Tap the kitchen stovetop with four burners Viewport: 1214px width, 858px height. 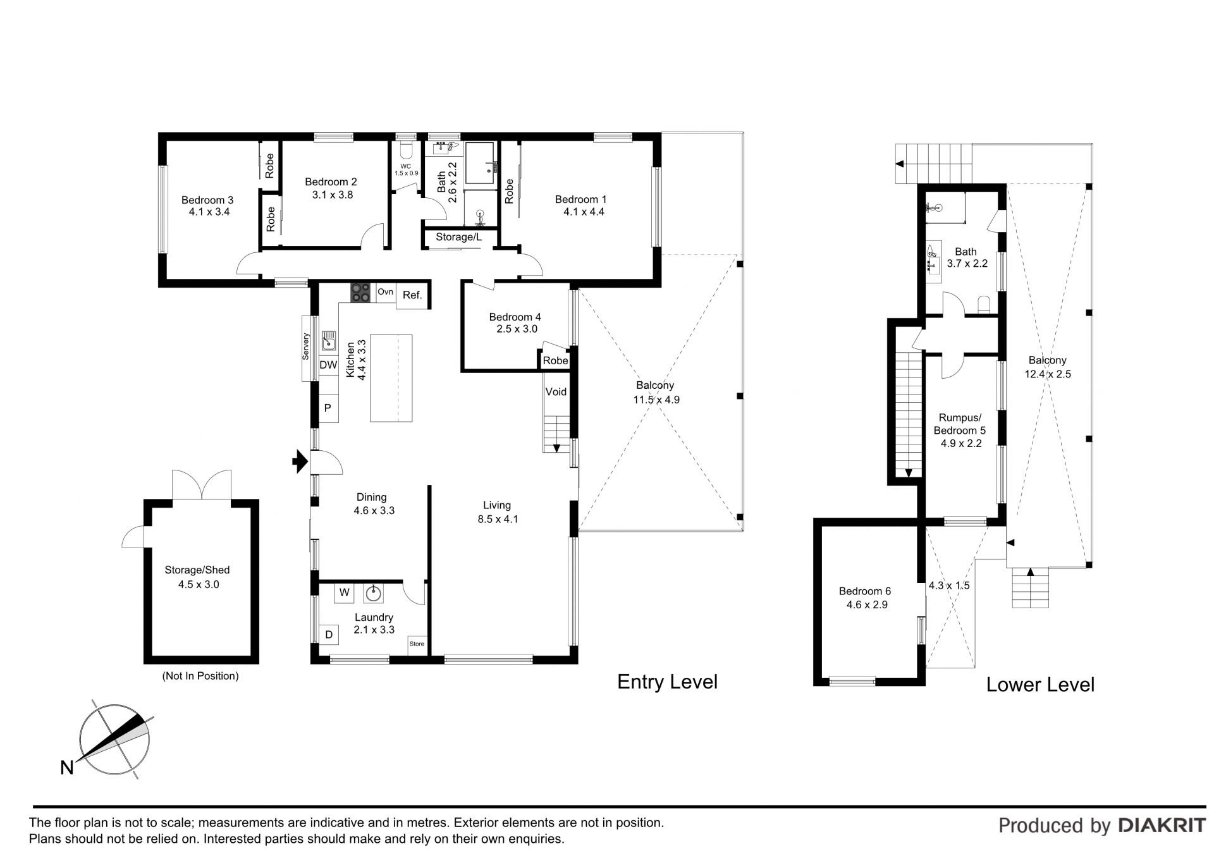click(x=361, y=292)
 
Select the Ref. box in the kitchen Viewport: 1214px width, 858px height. click(x=412, y=295)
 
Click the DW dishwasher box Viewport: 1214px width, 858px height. click(x=328, y=365)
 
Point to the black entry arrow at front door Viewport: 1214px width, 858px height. click(x=299, y=462)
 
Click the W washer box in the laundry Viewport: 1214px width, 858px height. click(x=345, y=592)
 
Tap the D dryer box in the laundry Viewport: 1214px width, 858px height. click(x=329, y=634)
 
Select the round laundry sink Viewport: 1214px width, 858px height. click(x=374, y=592)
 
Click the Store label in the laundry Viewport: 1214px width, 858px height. click(x=417, y=644)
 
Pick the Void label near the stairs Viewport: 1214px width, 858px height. click(x=556, y=391)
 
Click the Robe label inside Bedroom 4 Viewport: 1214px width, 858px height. click(x=556, y=360)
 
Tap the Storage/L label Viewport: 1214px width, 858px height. click(x=458, y=237)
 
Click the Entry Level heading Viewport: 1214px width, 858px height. click(x=667, y=682)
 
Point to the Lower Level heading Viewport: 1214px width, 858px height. click(x=1040, y=684)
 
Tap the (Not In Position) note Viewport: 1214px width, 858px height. click(x=200, y=676)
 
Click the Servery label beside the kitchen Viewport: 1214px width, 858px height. click(x=305, y=346)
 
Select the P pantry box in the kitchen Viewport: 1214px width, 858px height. click(x=328, y=408)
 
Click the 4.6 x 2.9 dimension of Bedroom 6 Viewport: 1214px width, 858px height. click(x=868, y=605)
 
